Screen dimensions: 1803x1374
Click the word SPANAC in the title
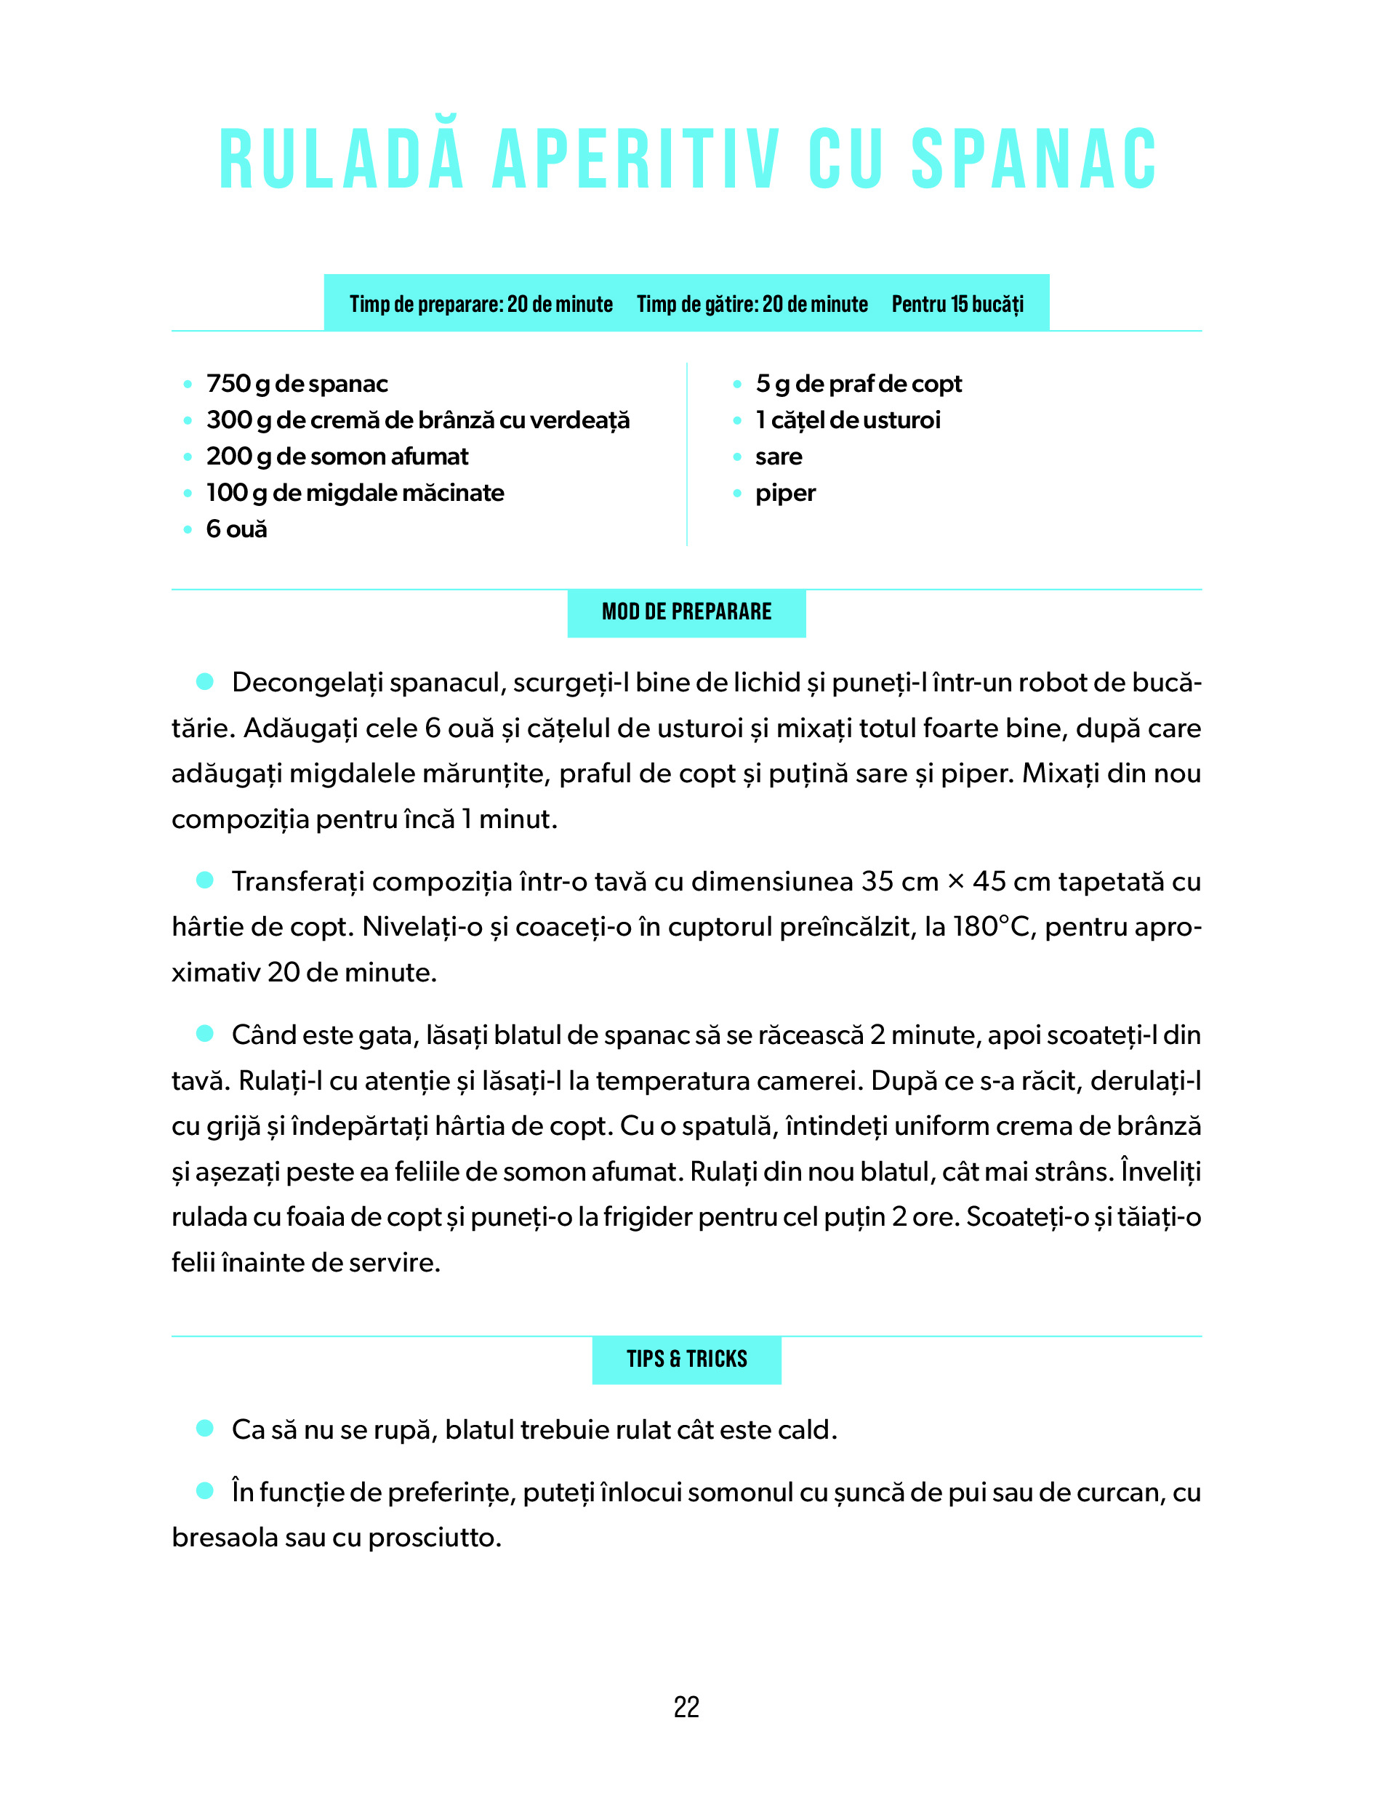pos(1034,159)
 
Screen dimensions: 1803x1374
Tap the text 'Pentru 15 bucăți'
pos(957,304)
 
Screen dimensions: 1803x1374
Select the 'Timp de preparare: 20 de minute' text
pos(481,304)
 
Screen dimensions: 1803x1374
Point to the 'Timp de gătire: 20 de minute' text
pos(752,304)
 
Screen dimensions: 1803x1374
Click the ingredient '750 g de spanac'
pos(297,383)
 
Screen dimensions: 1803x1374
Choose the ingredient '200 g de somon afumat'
pos(337,457)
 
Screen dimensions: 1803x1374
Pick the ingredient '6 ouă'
pos(236,529)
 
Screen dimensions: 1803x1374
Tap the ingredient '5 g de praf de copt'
pos(858,383)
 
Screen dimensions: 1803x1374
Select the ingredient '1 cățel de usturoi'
pos(848,420)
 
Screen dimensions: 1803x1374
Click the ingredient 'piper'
pos(785,493)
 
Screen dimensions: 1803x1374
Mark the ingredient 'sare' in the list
pos(779,457)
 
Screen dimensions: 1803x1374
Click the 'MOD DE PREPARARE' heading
pos(686,611)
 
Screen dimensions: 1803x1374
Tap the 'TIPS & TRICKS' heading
pos(686,1359)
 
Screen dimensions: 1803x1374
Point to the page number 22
pos(686,1707)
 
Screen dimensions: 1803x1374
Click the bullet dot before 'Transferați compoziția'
pos(204,880)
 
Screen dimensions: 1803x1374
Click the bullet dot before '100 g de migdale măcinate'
pos(188,493)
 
